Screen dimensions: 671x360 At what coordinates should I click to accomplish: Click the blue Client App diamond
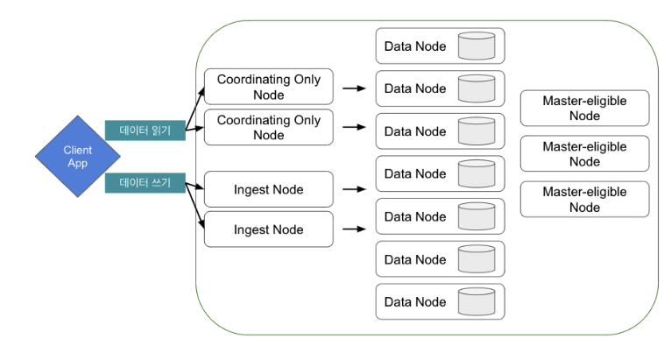77,156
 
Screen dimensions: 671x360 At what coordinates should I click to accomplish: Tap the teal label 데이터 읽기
145,131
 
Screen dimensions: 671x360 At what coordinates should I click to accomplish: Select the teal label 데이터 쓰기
145,183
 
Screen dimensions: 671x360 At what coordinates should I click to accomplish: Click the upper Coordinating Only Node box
269,87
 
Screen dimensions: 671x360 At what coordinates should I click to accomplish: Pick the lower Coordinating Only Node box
269,127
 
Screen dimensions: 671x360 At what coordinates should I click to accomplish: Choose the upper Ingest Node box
269,189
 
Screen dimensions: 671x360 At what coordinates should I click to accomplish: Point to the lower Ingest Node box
269,229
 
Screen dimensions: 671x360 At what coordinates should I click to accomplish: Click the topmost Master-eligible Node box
584,108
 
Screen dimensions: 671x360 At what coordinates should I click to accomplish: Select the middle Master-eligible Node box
584,153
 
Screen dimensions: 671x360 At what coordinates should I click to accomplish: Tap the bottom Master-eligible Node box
584,199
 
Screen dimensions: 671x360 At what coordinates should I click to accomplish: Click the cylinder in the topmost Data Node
477,46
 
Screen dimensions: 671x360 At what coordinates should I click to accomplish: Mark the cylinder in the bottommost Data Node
477,302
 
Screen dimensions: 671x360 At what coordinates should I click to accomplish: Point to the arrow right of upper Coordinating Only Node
354,88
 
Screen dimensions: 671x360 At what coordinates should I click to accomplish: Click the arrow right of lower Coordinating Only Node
354,127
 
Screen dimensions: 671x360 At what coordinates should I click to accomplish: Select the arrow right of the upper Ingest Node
354,189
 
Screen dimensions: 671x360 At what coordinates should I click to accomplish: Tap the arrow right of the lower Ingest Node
354,229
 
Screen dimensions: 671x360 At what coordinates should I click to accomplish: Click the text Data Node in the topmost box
415,46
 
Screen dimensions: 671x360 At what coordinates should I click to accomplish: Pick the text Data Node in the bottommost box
415,302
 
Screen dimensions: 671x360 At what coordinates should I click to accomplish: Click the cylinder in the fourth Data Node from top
477,173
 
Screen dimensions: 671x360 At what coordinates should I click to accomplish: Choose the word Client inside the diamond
77,151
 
